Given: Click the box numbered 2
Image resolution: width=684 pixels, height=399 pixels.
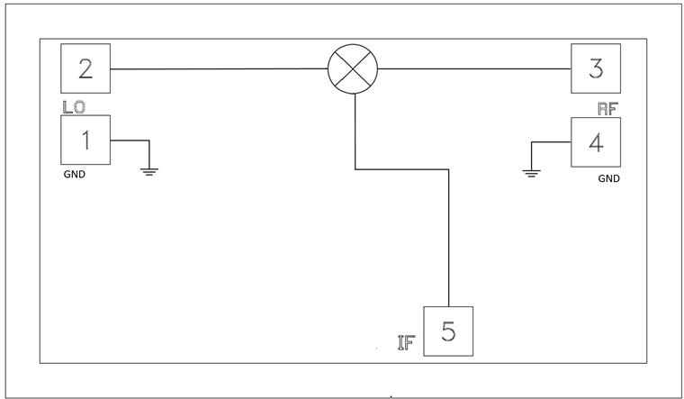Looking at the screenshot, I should click(85, 68).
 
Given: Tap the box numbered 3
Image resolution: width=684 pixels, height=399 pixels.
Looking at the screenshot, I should click(595, 68).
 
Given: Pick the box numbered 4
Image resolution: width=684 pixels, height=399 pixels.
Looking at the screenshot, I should click(595, 141).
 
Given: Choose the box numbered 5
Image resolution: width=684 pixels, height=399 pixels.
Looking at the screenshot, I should click(447, 331).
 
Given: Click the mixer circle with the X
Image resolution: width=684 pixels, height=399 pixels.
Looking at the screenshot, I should click(352, 68).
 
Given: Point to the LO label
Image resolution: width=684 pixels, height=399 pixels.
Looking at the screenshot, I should click(73, 107).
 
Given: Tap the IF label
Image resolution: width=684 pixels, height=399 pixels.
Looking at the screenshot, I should click(406, 343).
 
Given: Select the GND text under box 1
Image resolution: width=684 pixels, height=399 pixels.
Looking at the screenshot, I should click(75, 175).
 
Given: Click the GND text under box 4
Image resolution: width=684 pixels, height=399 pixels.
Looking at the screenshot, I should click(609, 178).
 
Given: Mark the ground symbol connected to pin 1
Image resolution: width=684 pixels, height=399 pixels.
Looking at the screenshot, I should click(149, 169).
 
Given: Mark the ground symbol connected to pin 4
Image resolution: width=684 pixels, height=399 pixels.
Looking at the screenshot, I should click(532, 171).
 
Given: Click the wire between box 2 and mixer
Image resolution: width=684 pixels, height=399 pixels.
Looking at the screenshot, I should click(216, 68).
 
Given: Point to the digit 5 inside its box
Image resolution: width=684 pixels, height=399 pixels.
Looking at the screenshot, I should click(447, 331).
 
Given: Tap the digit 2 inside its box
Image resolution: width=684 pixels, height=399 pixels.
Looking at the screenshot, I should click(85, 68).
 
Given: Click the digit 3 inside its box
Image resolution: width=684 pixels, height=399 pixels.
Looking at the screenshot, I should click(595, 68).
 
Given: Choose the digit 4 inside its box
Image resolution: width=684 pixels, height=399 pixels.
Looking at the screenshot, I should click(595, 141).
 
